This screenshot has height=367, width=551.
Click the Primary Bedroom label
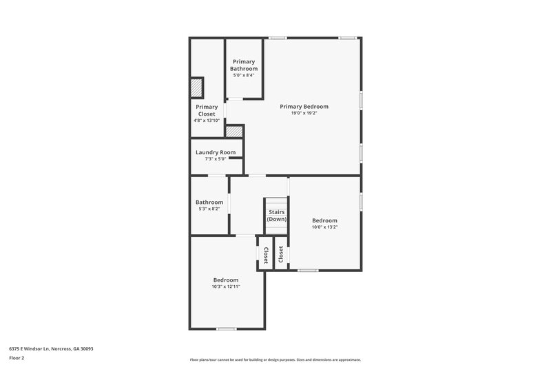click(x=304, y=107)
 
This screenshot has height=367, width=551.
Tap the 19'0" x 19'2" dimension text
click(x=304, y=113)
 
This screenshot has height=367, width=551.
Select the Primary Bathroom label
click(x=244, y=65)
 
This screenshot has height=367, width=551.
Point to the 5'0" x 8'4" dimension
click(x=244, y=75)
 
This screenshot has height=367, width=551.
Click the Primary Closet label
click(x=207, y=110)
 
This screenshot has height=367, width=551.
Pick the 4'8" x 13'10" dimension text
click(x=207, y=120)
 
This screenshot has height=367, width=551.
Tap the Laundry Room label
click(x=216, y=152)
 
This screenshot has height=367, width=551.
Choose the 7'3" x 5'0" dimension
click(x=216, y=159)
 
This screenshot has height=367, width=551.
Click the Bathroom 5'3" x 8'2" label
click(x=209, y=202)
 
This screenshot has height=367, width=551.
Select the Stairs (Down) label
click(x=277, y=216)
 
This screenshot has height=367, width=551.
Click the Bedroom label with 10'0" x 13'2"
click(x=324, y=220)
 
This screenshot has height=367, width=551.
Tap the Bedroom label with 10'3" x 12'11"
click(x=226, y=280)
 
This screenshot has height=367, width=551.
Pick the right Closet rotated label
click(x=281, y=255)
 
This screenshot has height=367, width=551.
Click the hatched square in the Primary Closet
click(x=196, y=87)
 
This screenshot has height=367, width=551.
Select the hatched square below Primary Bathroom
click(x=235, y=131)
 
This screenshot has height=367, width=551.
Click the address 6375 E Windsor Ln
click(x=51, y=348)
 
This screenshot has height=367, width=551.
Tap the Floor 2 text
click(x=17, y=358)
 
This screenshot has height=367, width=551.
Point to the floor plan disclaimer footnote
click(x=275, y=359)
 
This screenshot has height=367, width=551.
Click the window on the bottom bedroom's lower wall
click(x=227, y=329)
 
